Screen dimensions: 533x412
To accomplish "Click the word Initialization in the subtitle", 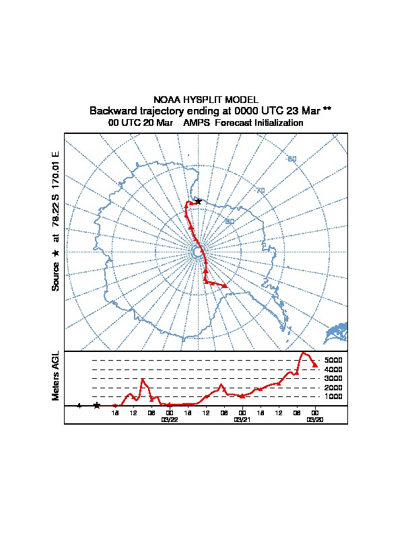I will (x=277, y=123).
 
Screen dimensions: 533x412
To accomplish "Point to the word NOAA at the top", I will (x=166, y=100).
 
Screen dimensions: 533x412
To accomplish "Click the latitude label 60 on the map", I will (x=291, y=159).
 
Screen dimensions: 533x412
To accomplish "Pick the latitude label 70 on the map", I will (x=261, y=191).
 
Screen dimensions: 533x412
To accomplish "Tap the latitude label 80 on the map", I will (x=229, y=221).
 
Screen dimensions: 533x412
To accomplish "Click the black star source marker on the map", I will (x=198, y=201).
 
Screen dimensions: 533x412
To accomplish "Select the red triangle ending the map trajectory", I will (x=225, y=286).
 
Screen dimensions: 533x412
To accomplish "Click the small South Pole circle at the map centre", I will (x=197, y=252).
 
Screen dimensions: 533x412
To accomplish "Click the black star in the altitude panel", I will (x=97, y=405).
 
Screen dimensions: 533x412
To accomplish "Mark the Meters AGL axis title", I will (x=56, y=376).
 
